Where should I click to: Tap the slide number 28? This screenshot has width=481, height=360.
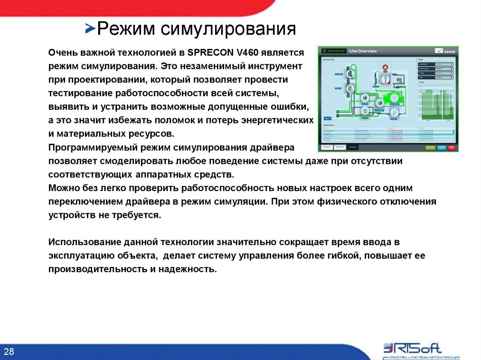[9, 352]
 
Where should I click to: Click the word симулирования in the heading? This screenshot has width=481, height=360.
[228, 29]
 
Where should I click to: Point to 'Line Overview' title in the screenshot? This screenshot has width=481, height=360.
[363, 51]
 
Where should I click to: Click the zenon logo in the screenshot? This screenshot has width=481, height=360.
[443, 51]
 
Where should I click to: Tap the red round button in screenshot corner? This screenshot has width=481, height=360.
[452, 147]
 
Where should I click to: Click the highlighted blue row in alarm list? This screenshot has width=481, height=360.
[366, 134]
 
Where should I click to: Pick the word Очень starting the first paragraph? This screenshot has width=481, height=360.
[60, 52]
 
